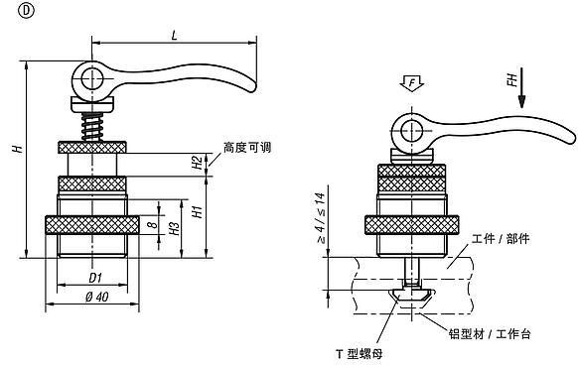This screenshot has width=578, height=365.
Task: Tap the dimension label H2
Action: click(198, 159)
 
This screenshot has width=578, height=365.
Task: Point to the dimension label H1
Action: click(198, 211)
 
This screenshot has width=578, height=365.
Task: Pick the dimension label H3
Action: click(174, 228)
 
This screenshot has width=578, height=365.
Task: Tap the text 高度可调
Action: click(247, 147)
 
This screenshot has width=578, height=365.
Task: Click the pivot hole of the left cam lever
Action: click(89, 76)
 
